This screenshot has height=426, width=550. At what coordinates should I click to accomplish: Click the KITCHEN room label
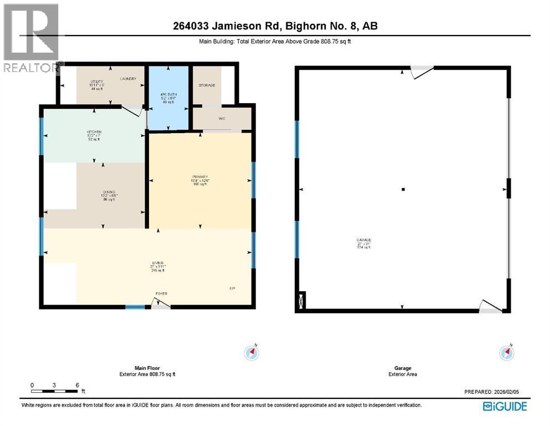pos(93,132)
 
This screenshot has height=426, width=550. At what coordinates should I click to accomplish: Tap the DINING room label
pos(93,192)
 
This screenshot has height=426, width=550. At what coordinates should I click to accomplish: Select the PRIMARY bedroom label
pos(200,177)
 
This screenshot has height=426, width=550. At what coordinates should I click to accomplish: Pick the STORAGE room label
pos(207,85)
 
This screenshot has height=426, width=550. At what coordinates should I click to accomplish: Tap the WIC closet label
pos(221,118)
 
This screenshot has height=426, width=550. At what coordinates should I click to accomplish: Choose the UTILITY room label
pos(97,82)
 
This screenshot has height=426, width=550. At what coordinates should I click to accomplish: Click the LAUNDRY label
pos(128,79)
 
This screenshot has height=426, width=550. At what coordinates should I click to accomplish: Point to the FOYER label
pos(161,293)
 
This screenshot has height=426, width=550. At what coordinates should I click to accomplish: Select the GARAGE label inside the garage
pos(363,240)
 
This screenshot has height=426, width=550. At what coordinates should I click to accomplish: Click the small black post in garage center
pos(403,190)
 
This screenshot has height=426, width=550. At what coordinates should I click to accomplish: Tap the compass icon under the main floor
pos(252,352)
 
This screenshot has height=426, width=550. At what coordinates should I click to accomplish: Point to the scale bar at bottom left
pos(55,392)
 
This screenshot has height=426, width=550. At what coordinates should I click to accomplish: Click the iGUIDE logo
pos(505,407)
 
